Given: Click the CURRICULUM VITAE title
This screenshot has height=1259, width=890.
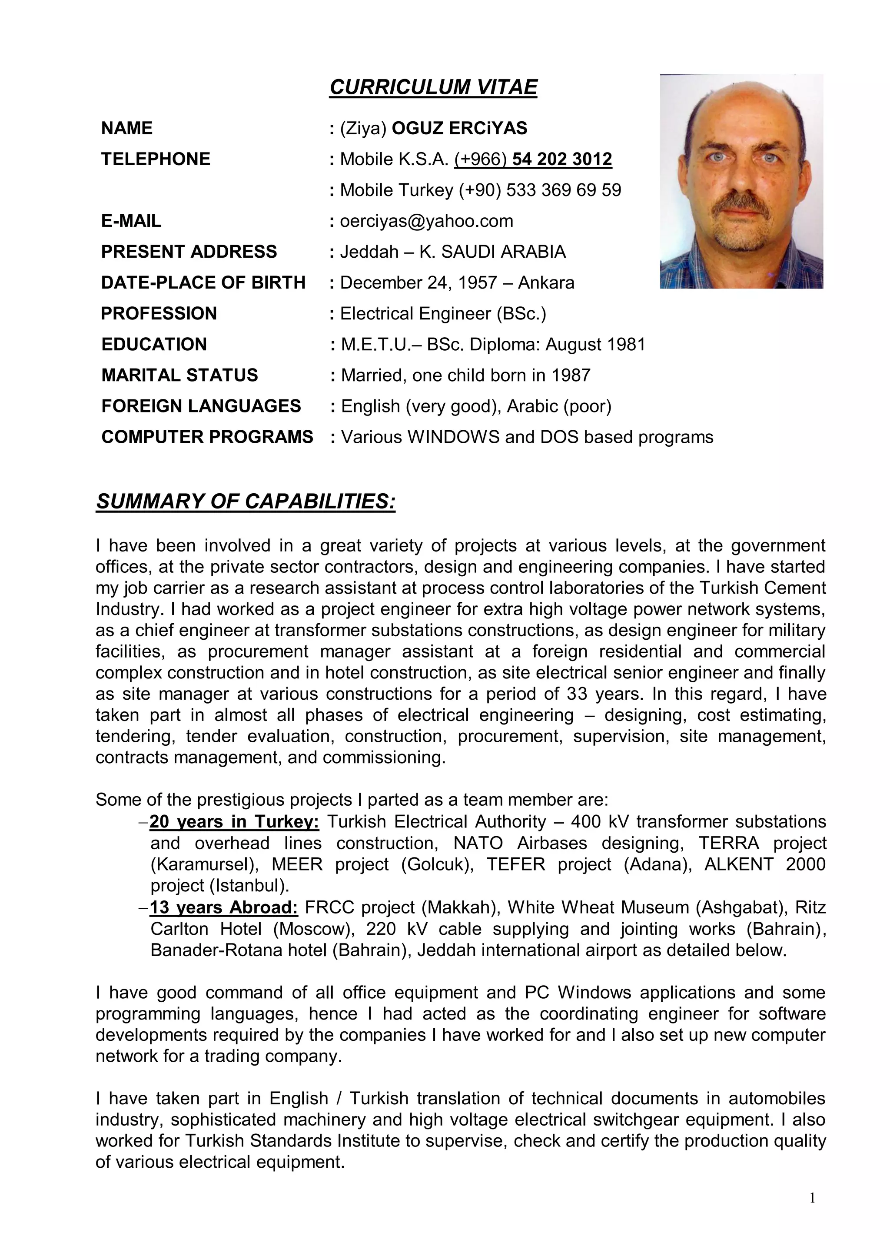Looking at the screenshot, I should click(433, 87).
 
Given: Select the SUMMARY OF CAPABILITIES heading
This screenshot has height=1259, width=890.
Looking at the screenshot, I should click(245, 501).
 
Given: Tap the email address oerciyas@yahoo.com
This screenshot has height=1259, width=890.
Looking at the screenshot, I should click(427, 221).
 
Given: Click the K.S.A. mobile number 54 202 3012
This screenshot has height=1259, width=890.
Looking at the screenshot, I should click(561, 159).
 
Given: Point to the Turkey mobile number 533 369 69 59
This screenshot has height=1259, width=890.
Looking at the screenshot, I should click(563, 190).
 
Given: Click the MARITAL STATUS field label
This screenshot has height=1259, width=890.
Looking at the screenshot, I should click(179, 375).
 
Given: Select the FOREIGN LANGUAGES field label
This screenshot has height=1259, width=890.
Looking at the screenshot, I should click(201, 406).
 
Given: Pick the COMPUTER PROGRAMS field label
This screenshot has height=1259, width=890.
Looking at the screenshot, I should click(207, 437).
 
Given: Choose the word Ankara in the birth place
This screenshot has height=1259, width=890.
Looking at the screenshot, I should click(546, 283).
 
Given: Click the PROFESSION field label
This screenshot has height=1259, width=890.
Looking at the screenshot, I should click(159, 314).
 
